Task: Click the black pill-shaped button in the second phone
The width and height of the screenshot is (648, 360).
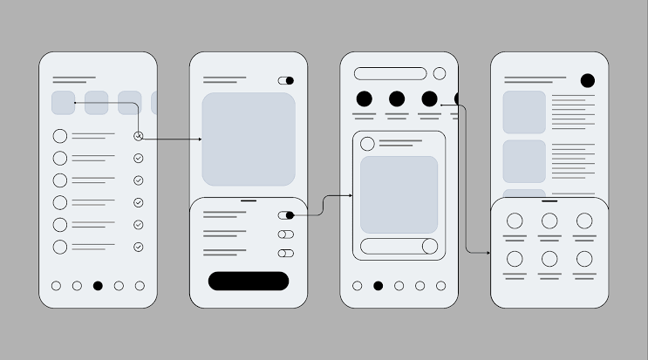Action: (248, 281)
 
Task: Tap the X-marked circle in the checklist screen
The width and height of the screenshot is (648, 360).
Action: (138, 136)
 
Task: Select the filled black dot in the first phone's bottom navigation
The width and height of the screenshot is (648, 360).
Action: (98, 285)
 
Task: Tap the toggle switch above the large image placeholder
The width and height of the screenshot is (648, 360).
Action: (286, 80)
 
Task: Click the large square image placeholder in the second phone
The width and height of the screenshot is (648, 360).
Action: (249, 139)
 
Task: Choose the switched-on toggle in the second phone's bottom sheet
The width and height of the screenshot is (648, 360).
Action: (286, 214)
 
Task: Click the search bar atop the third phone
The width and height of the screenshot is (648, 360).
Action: (391, 74)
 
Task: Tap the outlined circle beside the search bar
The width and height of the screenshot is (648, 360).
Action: (440, 74)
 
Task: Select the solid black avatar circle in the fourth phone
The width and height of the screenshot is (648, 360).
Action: (588, 81)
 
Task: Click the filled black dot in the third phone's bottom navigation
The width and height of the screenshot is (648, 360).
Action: (378, 285)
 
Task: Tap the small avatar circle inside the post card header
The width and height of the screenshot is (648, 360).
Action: (368, 144)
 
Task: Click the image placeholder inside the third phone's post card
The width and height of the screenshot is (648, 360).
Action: (399, 194)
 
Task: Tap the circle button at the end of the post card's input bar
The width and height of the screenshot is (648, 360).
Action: (429, 246)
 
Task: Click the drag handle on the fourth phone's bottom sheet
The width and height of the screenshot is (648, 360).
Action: (549, 201)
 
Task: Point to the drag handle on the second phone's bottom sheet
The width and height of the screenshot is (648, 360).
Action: (249, 201)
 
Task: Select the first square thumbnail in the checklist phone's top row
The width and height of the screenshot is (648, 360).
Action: (63, 103)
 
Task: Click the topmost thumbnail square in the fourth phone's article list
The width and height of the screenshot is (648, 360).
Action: (524, 112)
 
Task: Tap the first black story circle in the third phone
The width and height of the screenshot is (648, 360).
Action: (365, 98)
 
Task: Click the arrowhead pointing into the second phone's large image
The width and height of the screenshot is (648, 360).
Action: (200, 139)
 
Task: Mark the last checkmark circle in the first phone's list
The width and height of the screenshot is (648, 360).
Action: (138, 248)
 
